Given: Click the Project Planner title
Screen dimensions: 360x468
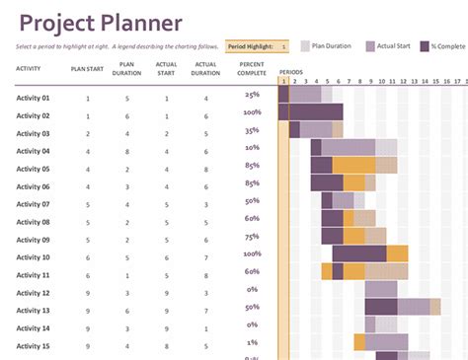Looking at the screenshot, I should pyautogui.click(x=100, y=23).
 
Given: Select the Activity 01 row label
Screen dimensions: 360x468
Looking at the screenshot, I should pyautogui.click(x=33, y=98).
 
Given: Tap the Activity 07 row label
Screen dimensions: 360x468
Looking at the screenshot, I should pyautogui.click(x=33, y=204).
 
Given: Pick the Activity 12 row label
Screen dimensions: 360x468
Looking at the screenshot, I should pyautogui.click(x=33, y=293).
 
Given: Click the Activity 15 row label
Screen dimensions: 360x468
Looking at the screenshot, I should pyautogui.click(x=33, y=346).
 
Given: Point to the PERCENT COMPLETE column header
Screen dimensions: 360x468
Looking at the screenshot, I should pyautogui.click(x=251, y=68).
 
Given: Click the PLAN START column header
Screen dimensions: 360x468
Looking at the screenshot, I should pyautogui.click(x=87, y=68).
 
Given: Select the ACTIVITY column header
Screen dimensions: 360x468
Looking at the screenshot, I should pyautogui.click(x=28, y=68).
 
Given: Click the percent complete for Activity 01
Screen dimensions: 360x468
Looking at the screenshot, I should pyautogui.click(x=252, y=95).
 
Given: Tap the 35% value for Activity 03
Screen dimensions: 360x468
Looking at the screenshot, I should pyautogui.click(x=252, y=130).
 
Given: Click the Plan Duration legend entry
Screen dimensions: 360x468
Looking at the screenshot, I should pyautogui.click(x=331, y=45).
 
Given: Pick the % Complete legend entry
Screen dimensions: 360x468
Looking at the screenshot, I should pyautogui.click(x=447, y=45).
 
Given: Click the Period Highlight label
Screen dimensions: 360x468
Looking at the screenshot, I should pyautogui.click(x=249, y=46).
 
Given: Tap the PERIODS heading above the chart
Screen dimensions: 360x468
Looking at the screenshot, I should pyautogui.click(x=291, y=72).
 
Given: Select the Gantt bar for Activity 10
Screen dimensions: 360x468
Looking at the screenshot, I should pyautogui.click(x=370, y=253).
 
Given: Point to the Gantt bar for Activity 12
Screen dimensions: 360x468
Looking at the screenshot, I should pyautogui.click(x=381, y=289).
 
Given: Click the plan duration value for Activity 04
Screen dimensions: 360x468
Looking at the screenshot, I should pyautogui.click(x=126, y=151).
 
